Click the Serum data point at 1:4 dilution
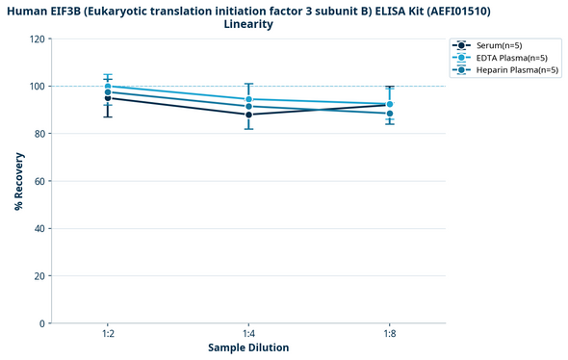(x=248, y=115)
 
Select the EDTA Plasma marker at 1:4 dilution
(x=248, y=99)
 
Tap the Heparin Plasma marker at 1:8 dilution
(x=389, y=114)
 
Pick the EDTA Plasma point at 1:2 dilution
(x=108, y=87)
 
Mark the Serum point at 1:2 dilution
(x=108, y=98)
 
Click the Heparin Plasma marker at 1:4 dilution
(x=248, y=107)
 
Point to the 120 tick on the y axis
(x=37, y=39)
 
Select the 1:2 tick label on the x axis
(x=108, y=333)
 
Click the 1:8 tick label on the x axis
(x=389, y=333)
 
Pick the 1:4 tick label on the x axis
(x=248, y=333)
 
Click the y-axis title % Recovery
(x=18, y=181)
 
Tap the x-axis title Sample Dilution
(x=248, y=347)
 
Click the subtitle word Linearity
(x=248, y=24)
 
